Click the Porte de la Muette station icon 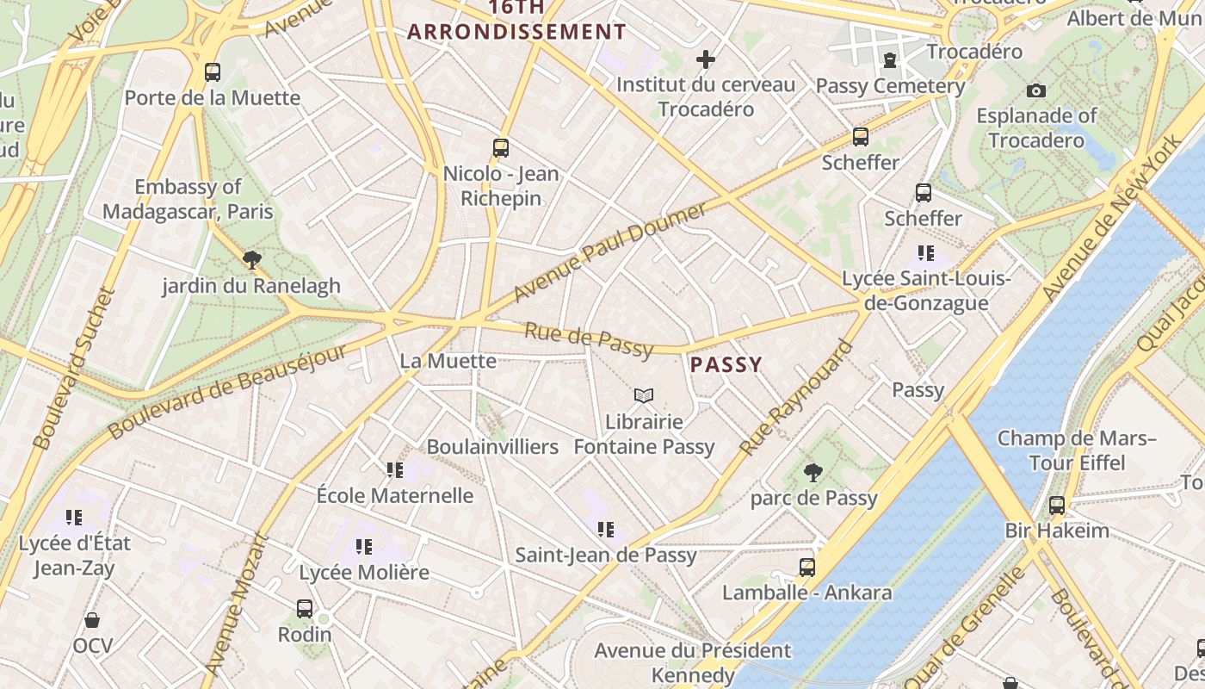pos(213,72)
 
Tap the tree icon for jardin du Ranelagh pos(252,259)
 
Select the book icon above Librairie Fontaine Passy pos(644,396)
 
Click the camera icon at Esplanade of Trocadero pos(1036,90)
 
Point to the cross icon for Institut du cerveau pos(706,59)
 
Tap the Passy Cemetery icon pos(890,60)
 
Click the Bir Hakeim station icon pos(1057,506)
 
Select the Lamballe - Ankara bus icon pos(807,568)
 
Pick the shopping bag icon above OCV pos(92,620)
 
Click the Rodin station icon pos(305,609)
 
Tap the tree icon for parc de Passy pos(813,472)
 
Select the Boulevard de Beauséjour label pos(227,388)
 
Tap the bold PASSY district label pos(726,364)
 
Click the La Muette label pos(448,361)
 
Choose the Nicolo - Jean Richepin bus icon pos(501,148)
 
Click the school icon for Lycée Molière pos(364,546)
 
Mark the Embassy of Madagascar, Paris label pos(188,199)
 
